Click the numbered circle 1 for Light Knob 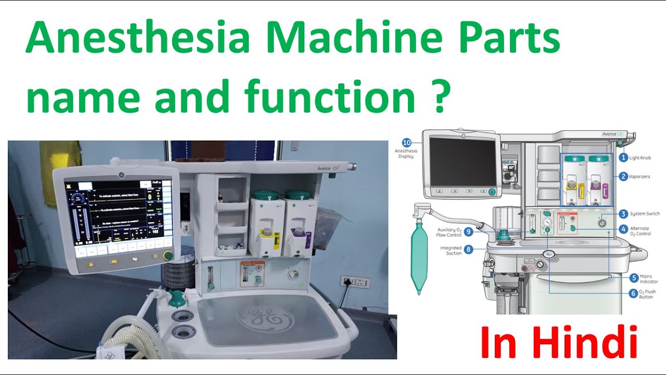pos(623,157)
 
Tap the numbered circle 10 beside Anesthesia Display pos(407,142)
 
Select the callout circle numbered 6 pos(633,293)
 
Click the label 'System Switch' pos(645,214)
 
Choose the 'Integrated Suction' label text pos(451,251)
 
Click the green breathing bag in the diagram pos(419,258)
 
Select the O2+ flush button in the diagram pos(548,254)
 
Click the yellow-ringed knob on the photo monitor pos(168,255)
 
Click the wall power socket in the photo pos(355,283)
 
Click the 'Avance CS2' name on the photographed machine pos(329,168)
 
